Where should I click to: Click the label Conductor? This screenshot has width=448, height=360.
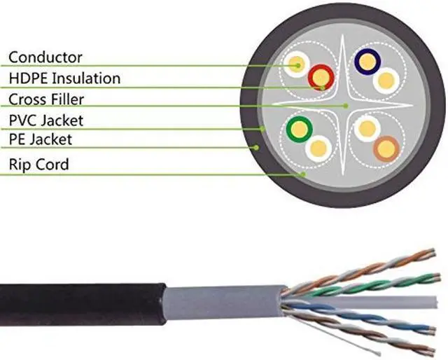[x=45, y=57]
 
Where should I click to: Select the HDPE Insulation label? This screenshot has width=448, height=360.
[x=64, y=78]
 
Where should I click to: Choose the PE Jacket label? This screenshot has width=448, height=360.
[x=41, y=140]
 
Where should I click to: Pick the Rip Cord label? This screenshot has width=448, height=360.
[x=39, y=165]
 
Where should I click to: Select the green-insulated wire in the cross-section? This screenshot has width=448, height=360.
[x=300, y=127]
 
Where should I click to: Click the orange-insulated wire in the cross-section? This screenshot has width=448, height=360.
[x=386, y=147]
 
